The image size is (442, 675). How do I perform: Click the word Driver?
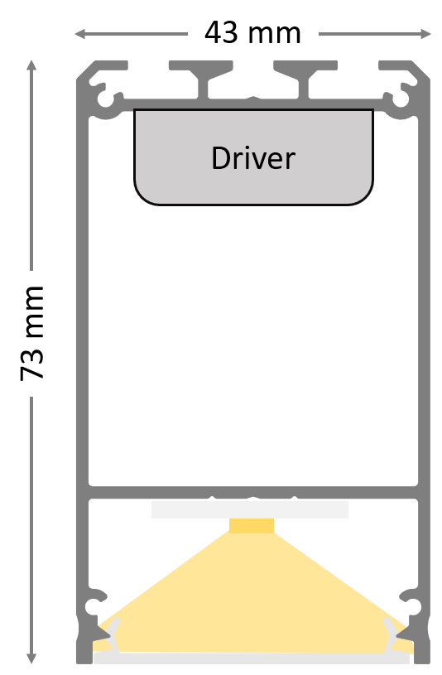point(253,158)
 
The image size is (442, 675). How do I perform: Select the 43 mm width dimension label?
point(252,33)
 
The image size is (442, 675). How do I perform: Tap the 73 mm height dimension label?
point(32,333)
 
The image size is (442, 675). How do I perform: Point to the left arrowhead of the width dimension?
point(80,34)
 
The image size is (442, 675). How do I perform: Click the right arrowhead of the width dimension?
point(425,34)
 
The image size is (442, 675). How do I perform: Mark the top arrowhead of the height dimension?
point(31,65)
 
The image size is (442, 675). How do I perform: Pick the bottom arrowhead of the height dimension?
point(31,658)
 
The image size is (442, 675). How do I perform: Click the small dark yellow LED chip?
point(252,526)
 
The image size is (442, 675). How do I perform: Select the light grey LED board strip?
point(250,509)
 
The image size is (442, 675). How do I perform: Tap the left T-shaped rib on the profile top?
point(201,78)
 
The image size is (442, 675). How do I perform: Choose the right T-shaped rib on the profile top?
point(305,78)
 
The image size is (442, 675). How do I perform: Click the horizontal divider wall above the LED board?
point(253,493)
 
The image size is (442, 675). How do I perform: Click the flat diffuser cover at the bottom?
point(252,658)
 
